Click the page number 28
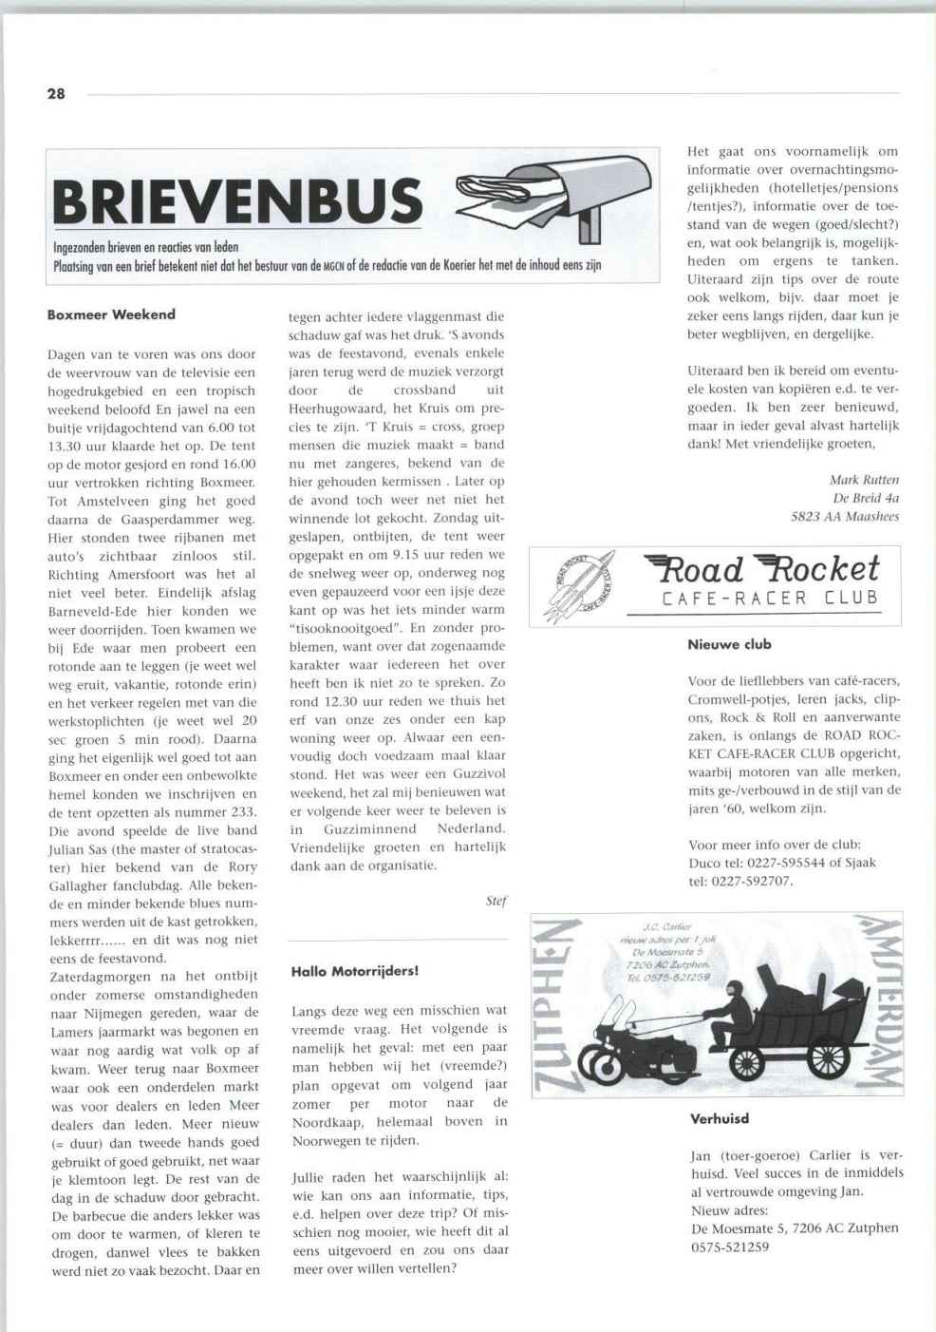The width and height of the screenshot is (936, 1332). (56, 93)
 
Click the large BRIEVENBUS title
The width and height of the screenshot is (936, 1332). (237, 201)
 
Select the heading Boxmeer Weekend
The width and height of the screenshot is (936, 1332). (111, 314)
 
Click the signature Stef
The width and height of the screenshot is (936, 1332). (496, 902)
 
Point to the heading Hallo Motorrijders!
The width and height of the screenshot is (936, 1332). (355, 971)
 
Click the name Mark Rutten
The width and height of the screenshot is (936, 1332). (864, 480)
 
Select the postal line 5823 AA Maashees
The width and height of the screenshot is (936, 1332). (845, 517)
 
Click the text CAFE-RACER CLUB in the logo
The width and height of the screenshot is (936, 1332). (769, 599)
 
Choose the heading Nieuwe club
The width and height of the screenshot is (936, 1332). (729, 644)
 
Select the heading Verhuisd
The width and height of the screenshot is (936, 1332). (720, 1118)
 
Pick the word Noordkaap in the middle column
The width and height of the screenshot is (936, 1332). (328, 1121)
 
